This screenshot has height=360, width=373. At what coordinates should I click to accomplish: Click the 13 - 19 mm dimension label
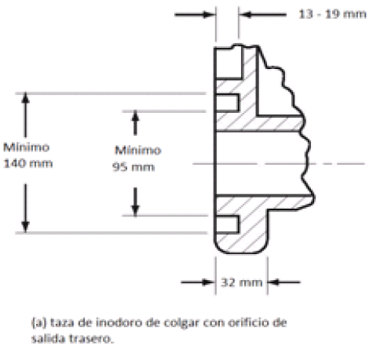(332, 14)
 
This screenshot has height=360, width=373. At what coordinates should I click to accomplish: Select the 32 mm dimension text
(242, 282)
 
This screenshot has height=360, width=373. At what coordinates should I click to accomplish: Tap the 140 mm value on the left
(28, 164)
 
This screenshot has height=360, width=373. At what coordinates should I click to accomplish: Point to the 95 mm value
(133, 167)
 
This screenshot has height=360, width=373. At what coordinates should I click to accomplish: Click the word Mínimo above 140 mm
(27, 147)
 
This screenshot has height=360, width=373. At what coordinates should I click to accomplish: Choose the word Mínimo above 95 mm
(138, 151)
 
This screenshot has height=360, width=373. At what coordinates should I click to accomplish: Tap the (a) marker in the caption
(39, 322)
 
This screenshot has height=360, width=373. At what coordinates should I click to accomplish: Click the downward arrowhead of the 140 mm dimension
(25, 226)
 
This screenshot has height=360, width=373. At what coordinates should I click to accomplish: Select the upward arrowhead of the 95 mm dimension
(135, 117)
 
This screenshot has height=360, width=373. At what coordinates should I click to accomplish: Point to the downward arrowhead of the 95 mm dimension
(135, 209)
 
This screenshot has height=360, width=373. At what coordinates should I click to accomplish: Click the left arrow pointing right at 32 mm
(198, 282)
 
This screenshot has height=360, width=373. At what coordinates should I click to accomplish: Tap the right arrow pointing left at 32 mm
(283, 282)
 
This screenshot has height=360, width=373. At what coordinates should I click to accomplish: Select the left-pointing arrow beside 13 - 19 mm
(262, 15)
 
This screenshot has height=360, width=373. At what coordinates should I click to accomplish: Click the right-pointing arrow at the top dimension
(196, 15)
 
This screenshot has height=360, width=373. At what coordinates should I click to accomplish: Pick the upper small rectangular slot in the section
(227, 103)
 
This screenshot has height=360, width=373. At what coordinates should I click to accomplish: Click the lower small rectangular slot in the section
(227, 224)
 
